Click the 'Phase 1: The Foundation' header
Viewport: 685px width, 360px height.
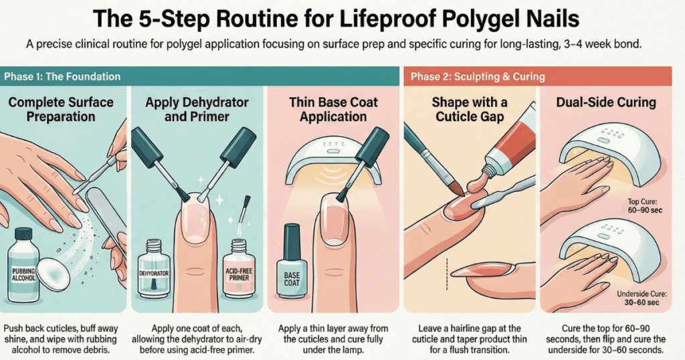(x=62, y=76)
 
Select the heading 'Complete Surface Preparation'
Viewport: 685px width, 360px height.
(x=61, y=110)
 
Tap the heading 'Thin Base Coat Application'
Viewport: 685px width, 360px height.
(x=333, y=110)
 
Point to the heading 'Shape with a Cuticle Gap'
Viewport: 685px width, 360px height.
(x=470, y=110)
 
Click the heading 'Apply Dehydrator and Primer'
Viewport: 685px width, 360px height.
(x=197, y=110)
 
